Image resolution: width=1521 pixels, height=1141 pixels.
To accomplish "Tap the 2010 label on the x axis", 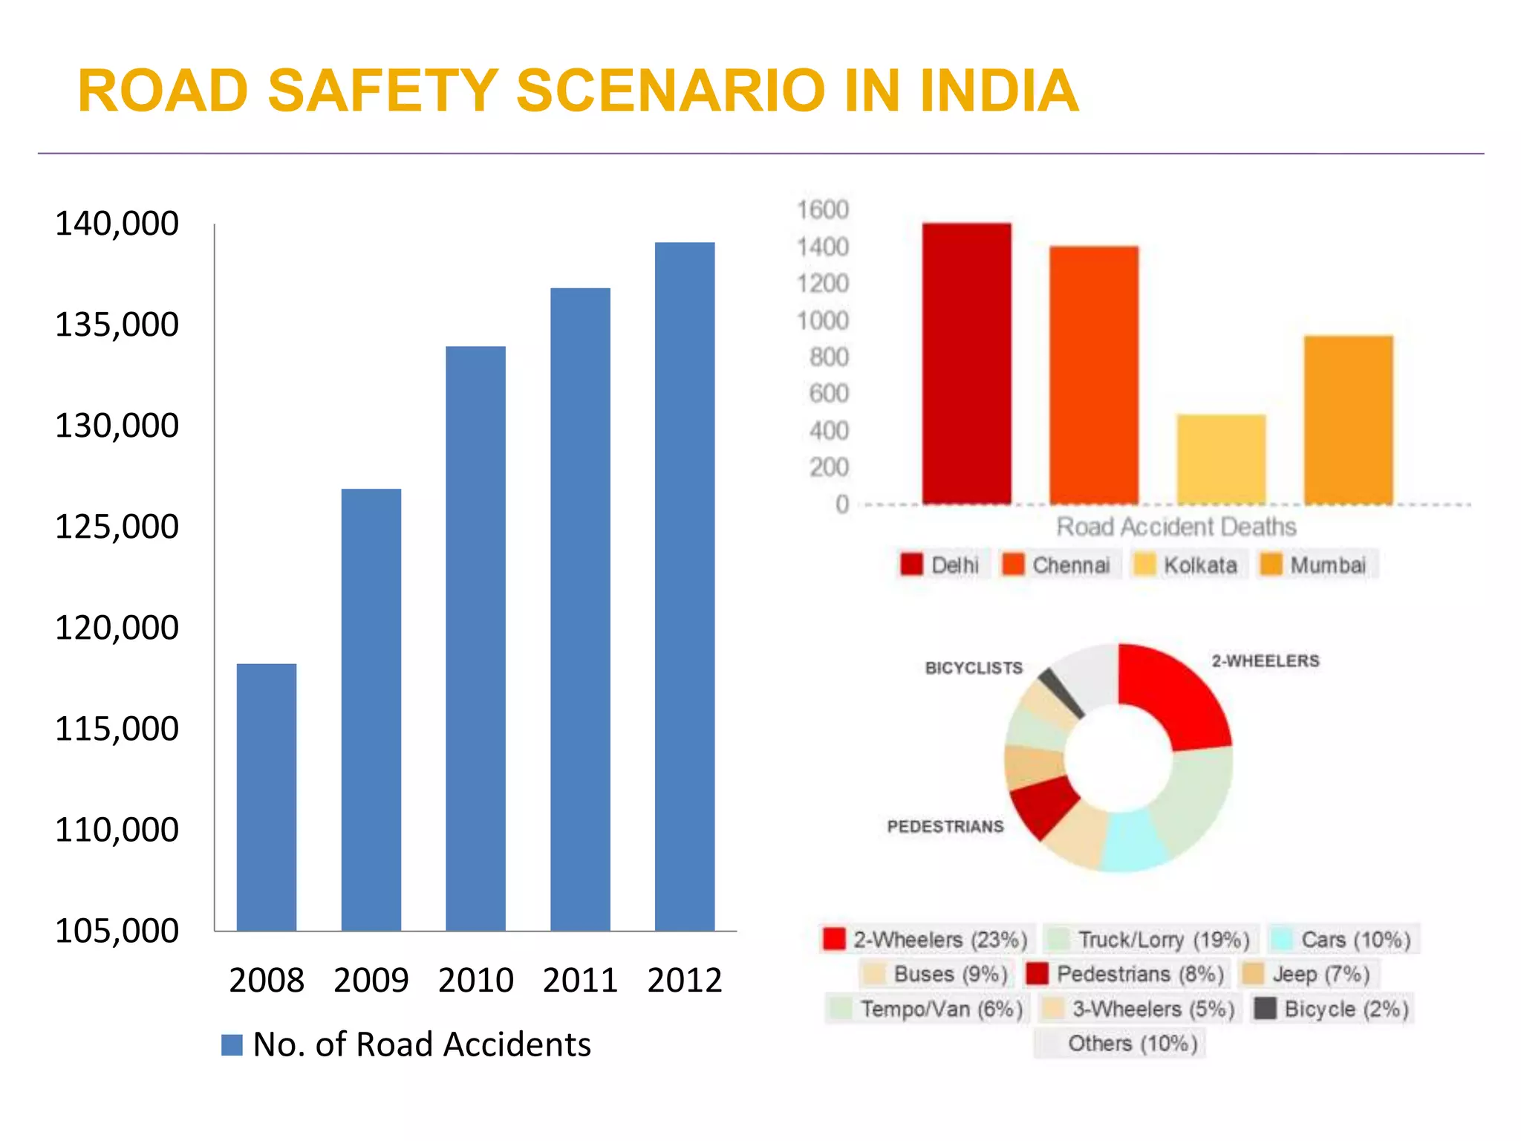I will (475, 981).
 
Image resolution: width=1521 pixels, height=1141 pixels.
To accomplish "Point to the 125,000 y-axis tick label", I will (117, 527).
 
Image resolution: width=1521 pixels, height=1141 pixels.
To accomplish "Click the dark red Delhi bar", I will (966, 363).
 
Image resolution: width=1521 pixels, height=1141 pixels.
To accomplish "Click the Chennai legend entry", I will (1058, 565).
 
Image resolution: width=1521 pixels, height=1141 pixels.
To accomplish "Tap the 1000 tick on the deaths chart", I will (822, 321).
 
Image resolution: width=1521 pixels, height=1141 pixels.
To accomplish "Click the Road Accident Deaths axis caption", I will (1176, 527).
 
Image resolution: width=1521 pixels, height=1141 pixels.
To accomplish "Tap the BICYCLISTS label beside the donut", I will (973, 668).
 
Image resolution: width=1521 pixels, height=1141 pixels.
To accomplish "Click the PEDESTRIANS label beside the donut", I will (945, 826).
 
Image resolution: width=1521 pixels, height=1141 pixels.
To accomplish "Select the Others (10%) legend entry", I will (1120, 1044).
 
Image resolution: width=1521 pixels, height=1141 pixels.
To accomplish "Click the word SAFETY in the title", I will (382, 91).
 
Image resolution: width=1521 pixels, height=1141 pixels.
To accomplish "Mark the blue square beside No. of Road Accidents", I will (232, 1045).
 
